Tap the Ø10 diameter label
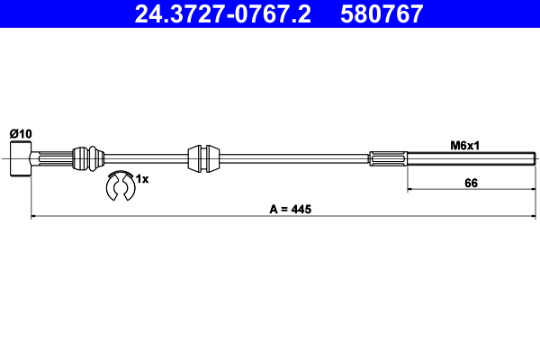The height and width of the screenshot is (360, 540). pos(21,133)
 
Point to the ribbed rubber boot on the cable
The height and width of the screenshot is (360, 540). pos(88,157)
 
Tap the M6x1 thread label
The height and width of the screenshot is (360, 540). pos(464,144)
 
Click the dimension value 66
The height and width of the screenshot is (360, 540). pos(470,184)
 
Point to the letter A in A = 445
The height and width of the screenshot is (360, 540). pos(273,210)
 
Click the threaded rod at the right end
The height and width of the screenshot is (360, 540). pos(468,159)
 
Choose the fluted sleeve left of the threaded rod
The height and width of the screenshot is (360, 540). pos(388,159)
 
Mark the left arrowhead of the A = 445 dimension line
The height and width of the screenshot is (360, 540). pos(34,216)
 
